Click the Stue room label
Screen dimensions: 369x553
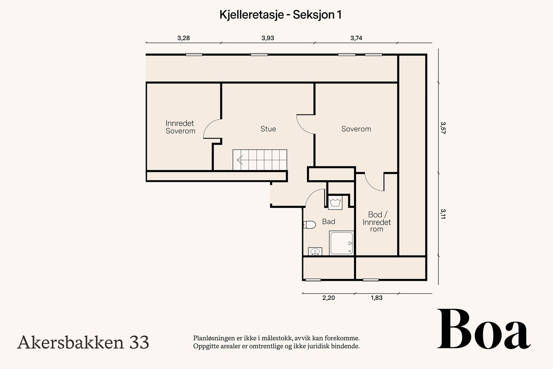pyautogui.click(x=268, y=129)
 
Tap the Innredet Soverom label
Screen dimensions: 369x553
pyautogui.click(x=180, y=127)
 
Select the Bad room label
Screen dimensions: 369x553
pyautogui.click(x=328, y=222)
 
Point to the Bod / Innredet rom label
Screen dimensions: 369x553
pyautogui.click(x=376, y=222)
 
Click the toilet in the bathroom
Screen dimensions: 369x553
pyautogui.click(x=310, y=225)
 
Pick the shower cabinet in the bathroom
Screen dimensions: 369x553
pyautogui.click(x=341, y=243)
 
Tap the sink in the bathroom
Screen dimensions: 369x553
pyautogui.click(x=315, y=251)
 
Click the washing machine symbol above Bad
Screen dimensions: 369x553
pyautogui.click(x=335, y=202)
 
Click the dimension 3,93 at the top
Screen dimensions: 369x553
pyautogui.click(x=268, y=38)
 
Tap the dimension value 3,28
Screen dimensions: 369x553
pyautogui.click(x=184, y=38)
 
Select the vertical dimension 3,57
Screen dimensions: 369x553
pyautogui.click(x=443, y=128)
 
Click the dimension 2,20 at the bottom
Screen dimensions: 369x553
pyautogui.click(x=328, y=298)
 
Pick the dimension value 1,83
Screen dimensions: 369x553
pyautogui.click(x=376, y=298)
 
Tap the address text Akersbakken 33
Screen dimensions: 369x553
pyautogui.click(x=83, y=342)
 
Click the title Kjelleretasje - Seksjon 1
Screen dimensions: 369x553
pyautogui.click(x=280, y=15)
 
